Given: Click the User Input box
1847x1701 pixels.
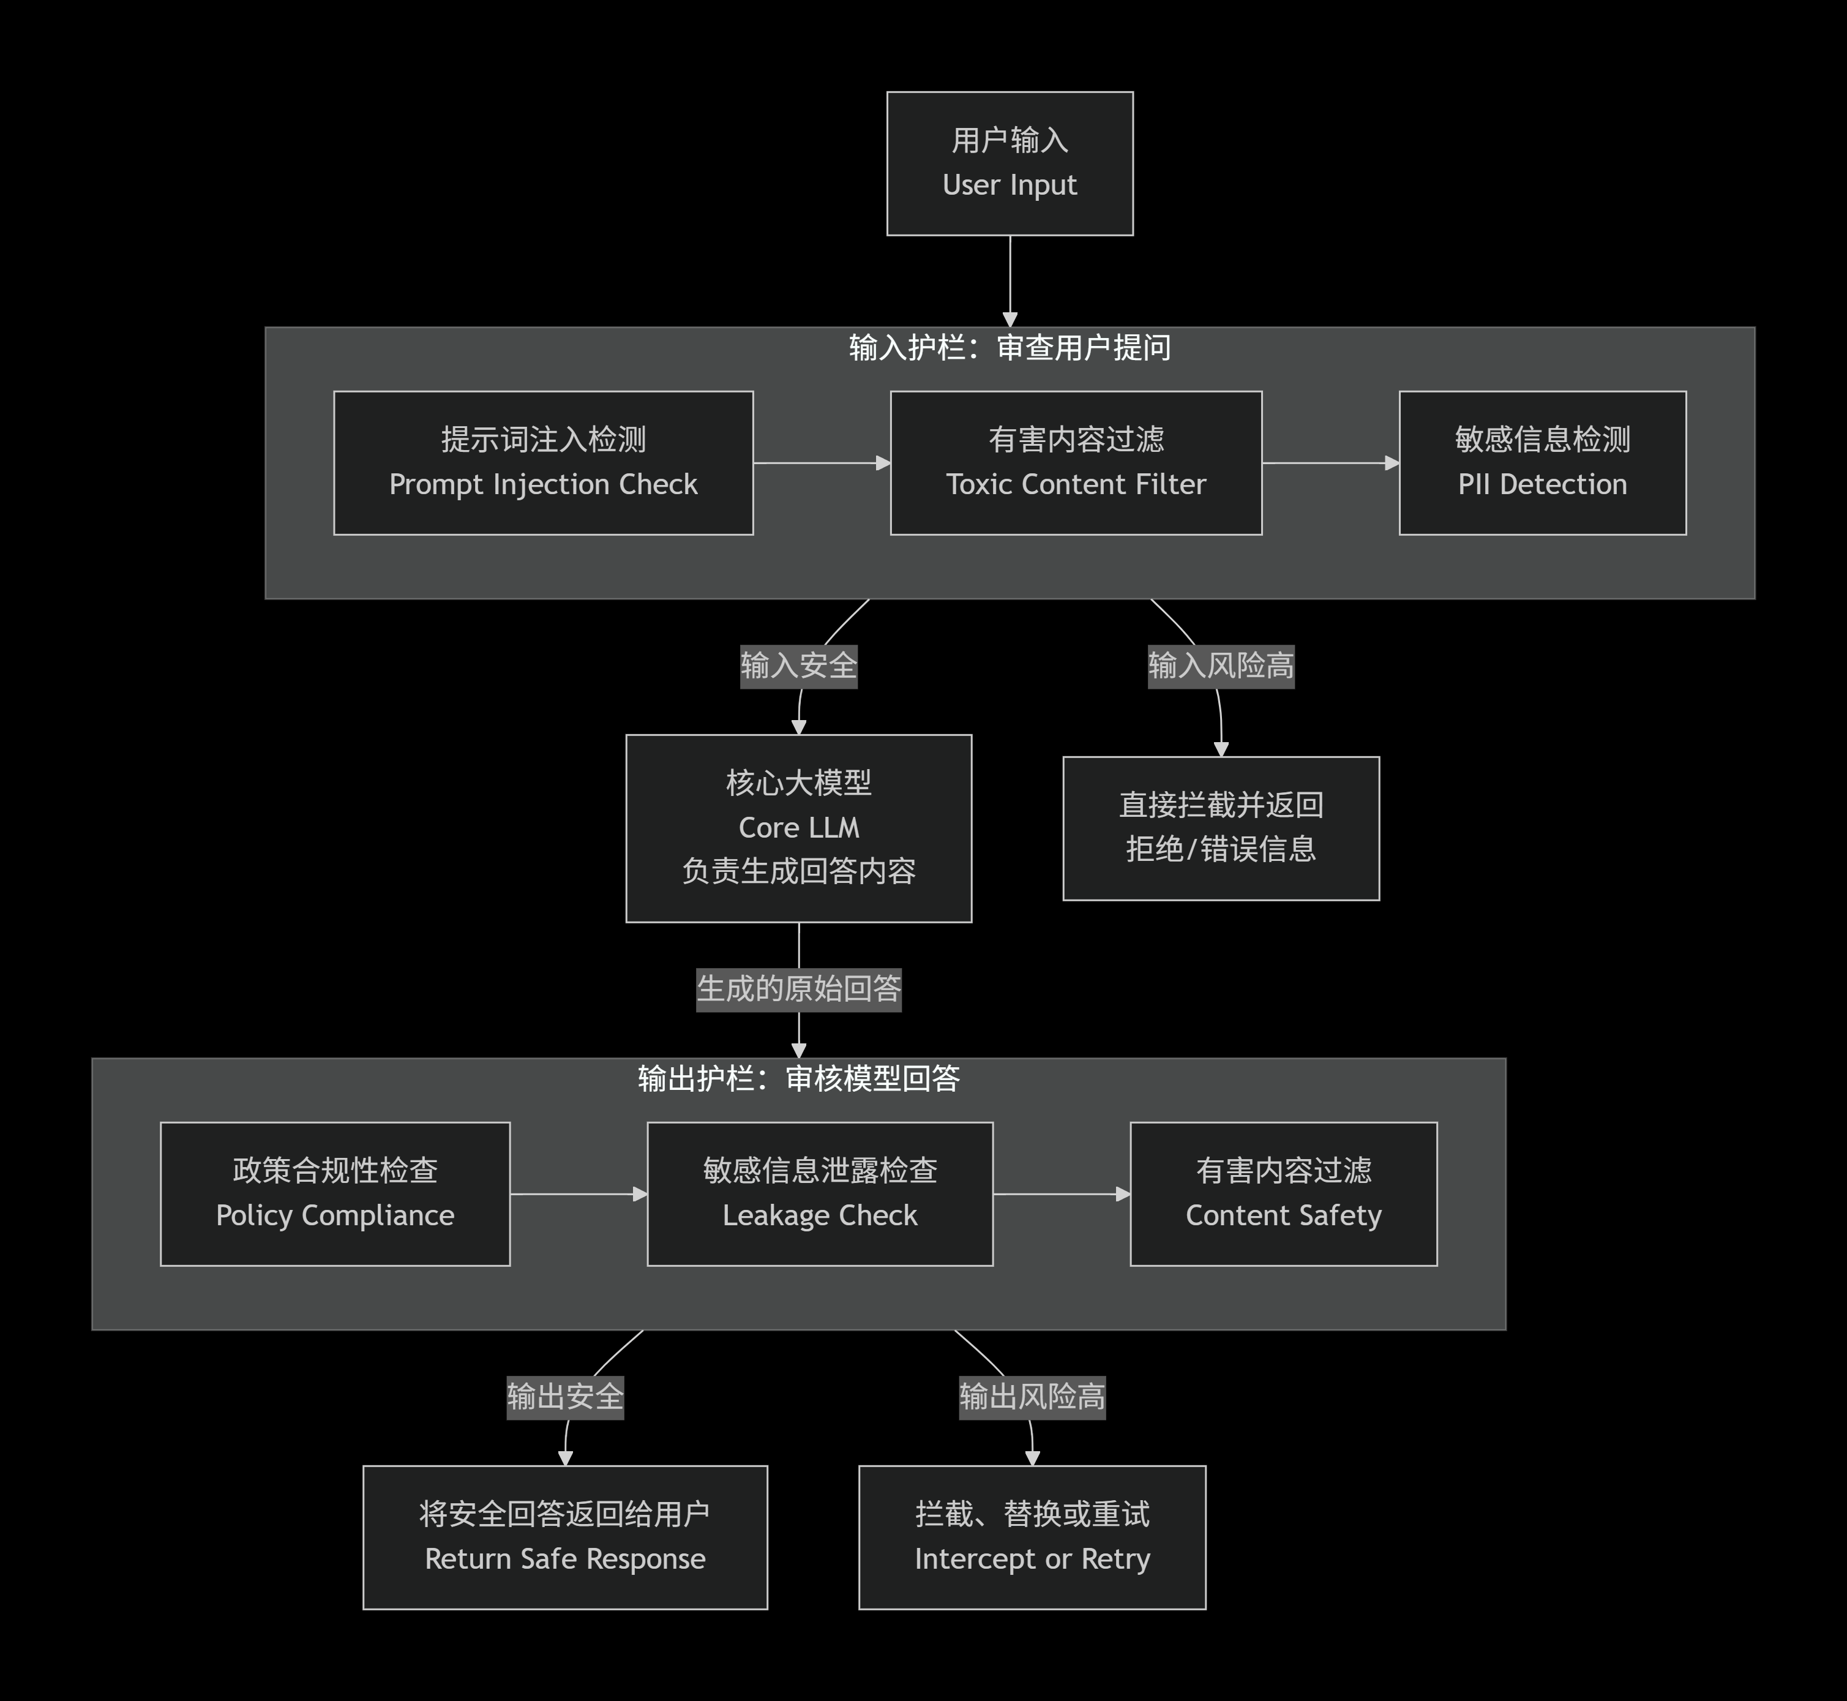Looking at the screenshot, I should pos(1010,163).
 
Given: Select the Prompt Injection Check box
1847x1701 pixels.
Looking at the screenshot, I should pos(543,462).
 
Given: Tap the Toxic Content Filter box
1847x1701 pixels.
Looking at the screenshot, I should pos(1076,462).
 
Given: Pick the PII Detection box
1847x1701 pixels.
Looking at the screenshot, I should pos(1542,462).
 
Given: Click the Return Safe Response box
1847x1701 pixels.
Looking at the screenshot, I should pos(565,1536).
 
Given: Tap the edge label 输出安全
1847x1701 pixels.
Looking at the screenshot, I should pos(565,1396).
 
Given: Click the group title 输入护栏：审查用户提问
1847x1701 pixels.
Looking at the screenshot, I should pos(1010,348).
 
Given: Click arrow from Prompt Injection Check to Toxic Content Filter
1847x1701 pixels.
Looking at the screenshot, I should pos(821,463).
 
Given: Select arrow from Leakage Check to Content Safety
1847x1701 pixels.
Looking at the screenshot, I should pos(1061,1194).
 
